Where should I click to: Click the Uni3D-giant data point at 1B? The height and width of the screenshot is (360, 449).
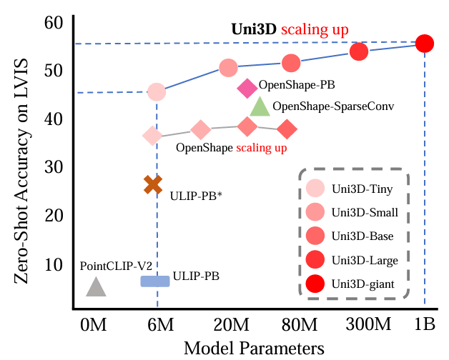[425, 44]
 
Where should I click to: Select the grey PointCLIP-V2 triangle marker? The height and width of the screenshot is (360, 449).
[97, 287]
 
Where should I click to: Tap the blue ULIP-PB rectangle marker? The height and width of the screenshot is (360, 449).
[155, 281]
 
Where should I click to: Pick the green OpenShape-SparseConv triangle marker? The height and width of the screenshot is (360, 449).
[260, 107]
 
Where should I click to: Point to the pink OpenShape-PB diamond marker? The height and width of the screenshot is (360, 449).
[247, 88]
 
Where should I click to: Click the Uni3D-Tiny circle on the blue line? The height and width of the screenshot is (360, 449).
[157, 92]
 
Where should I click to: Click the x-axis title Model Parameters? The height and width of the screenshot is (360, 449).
[255, 348]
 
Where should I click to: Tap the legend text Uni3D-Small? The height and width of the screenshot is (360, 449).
[364, 212]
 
